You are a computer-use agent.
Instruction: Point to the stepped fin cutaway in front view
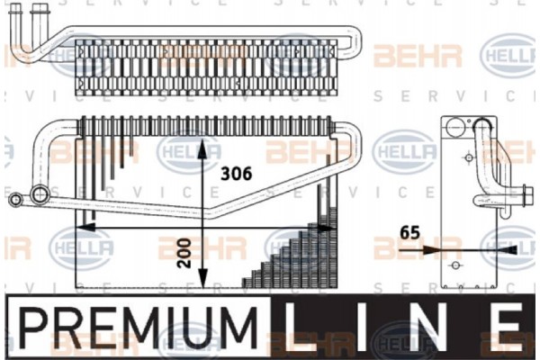click(297, 256)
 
